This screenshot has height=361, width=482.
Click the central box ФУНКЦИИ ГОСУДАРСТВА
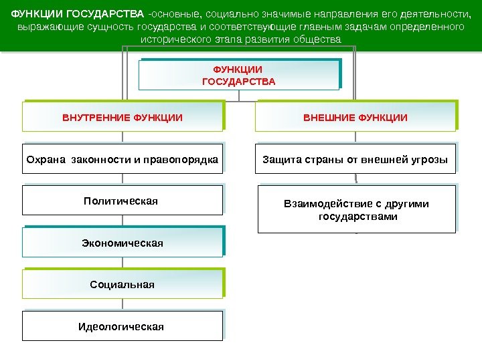click(x=238, y=75)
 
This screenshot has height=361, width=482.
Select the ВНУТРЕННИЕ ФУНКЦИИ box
click(x=123, y=118)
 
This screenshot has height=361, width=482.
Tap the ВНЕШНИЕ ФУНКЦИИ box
click(x=355, y=118)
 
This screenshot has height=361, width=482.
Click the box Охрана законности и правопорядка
click(x=123, y=160)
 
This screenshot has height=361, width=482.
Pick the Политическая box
click(x=122, y=201)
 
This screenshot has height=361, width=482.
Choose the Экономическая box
click(x=123, y=243)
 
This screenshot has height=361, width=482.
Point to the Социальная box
click(x=123, y=285)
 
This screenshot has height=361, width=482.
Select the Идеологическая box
click(x=122, y=327)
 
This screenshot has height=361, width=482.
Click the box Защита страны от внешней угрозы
click(x=355, y=160)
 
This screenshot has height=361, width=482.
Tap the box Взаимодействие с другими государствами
click(x=356, y=210)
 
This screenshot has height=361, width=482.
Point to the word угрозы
click(x=432, y=160)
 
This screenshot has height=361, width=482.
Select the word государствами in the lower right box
click(x=357, y=217)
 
